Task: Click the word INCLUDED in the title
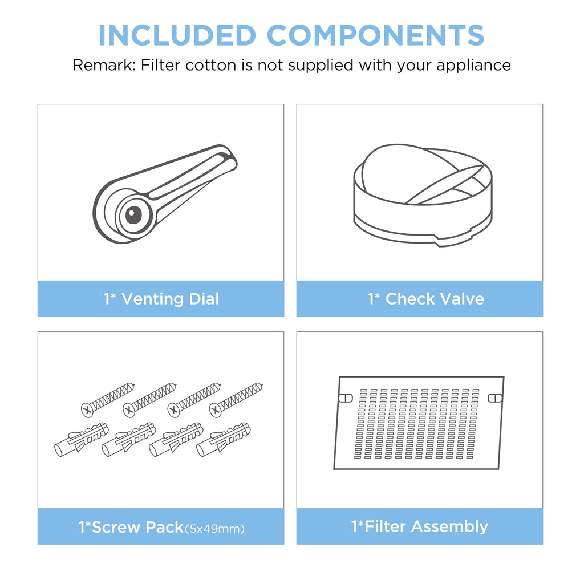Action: pos(177,35)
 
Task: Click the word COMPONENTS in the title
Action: pos(375,35)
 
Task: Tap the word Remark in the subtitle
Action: pos(104,65)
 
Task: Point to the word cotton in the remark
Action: pos(211,66)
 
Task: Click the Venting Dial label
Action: pos(161,299)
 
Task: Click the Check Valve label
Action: pos(425,299)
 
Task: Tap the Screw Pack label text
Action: pos(131,527)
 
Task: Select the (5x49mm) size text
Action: pos(215,529)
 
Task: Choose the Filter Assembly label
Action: pos(419,526)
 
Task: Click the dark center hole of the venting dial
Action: pos(133,215)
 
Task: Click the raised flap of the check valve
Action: pos(404,169)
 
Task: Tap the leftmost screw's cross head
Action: pos(87,410)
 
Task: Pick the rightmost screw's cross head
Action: pos(215,410)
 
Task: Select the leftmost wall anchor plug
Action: pos(82,440)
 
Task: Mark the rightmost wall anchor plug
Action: pos(224,440)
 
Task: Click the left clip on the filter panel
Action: pos(346,398)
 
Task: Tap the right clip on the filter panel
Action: pos(495,398)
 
